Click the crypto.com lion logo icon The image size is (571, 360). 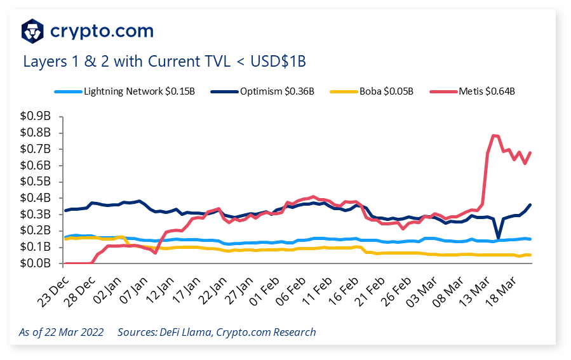pyautogui.click(x=33, y=30)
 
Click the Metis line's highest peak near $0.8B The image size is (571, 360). pyautogui.click(x=494, y=135)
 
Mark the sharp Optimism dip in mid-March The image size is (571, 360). pyautogui.click(x=499, y=237)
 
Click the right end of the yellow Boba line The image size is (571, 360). pyautogui.click(x=530, y=255)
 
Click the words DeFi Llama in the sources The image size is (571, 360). pyautogui.click(x=188, y=332)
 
